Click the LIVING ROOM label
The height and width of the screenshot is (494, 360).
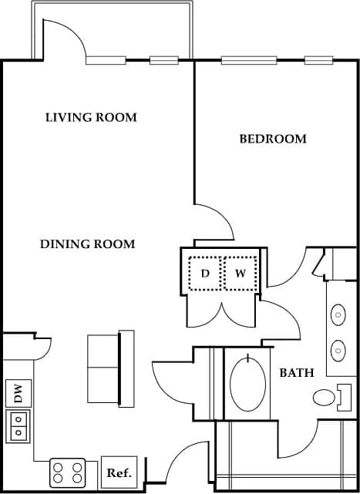pos(91,118)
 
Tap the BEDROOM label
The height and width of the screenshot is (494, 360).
pos(273,139)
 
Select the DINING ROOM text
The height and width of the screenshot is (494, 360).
pos(87,244)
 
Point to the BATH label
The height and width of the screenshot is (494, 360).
pos(297,373)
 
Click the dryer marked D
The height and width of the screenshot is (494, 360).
pos(206,274)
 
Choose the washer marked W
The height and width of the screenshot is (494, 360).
pos(240,274)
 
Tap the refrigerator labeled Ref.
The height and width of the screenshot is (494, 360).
pos(119,472)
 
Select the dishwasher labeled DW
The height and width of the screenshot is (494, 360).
pos(18,394)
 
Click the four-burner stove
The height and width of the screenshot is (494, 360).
pos(68,472)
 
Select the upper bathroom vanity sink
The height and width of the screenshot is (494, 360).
pos(338,314)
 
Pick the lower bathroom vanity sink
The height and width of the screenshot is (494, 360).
pos(338,351)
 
